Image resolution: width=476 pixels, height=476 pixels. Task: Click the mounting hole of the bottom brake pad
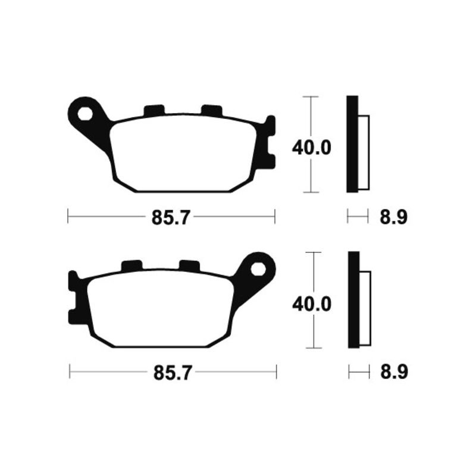[258, 268]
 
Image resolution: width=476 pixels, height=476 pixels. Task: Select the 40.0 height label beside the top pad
[311, 147]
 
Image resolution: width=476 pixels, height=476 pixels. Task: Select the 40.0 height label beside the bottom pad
[311, 303]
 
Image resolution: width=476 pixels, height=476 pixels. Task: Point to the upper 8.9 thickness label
[393, 217]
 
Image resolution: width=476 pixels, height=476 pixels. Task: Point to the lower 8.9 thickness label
[393, 373]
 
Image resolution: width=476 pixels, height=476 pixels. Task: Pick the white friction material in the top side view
[364, 152]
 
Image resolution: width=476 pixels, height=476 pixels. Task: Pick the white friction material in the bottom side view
[365, 308]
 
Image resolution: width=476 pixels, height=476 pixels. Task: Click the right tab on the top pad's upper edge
[211, 110]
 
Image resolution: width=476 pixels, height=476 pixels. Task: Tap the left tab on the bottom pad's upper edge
[131, 266]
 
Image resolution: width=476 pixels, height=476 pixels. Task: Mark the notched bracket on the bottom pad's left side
[74, 297]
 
